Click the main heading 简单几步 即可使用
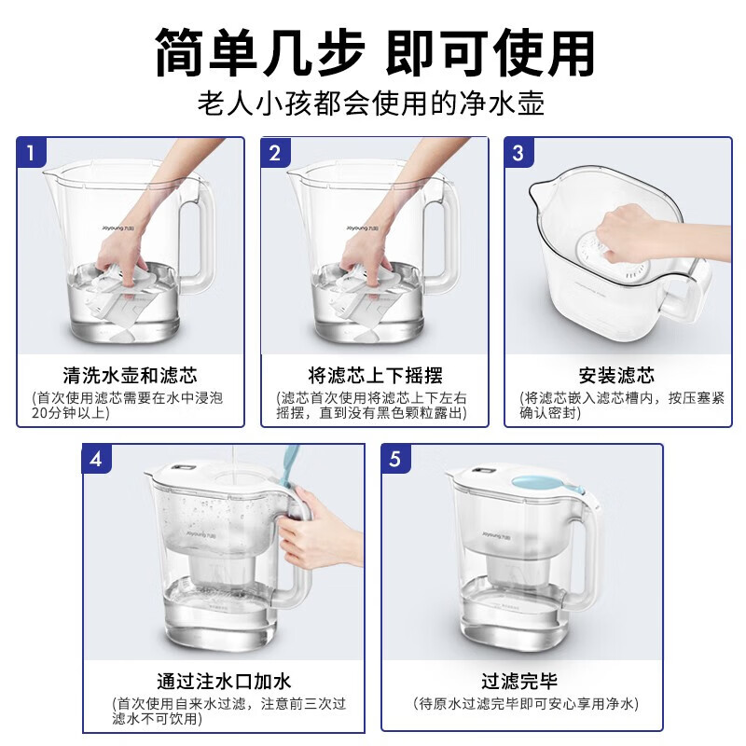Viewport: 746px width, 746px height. (375, 52)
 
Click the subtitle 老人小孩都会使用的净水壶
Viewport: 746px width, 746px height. (371, 103)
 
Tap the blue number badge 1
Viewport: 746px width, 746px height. (32, 153)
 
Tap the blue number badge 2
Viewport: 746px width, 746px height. (275, 153)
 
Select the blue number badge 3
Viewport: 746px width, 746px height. (519, 153)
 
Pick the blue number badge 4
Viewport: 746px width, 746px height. (97, 459)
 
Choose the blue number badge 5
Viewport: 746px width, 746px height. (395, 459)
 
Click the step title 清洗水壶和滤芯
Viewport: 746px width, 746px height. (130, 376)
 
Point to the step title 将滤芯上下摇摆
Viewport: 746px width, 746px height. (375, 376)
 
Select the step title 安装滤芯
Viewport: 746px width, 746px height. (617, 376)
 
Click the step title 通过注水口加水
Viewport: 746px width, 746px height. (224, 682)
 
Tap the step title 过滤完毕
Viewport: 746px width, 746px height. (519, 682)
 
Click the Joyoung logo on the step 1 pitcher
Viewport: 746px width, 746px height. (118, 228)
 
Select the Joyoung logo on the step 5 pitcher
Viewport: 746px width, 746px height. (496, 535)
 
